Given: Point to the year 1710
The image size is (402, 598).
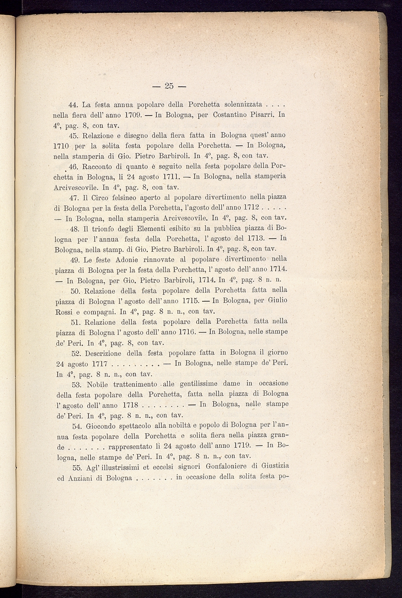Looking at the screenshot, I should click(60, 146).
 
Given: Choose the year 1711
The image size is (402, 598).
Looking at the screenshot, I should click(167, 177).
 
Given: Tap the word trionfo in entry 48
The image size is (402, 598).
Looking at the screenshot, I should click(105, 228).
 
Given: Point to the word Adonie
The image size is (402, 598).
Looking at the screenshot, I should click(115, 260).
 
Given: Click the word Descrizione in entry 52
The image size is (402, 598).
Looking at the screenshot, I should click(103, 352).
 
